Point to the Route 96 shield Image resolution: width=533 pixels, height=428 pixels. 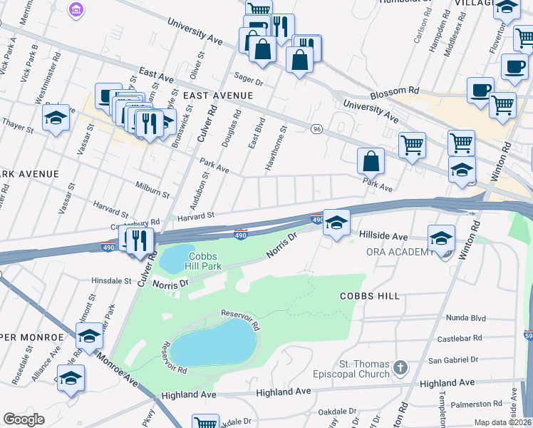[317, 128]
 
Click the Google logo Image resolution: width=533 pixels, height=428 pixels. [24, 419]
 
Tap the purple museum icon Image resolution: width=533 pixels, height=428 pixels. [76, 9]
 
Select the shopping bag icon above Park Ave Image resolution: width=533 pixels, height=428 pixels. [371, 160]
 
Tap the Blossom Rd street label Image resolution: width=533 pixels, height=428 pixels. [394, 91]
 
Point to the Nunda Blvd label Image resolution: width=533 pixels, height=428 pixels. [465, 317]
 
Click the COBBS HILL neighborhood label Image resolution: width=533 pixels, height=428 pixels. [369, 295]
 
